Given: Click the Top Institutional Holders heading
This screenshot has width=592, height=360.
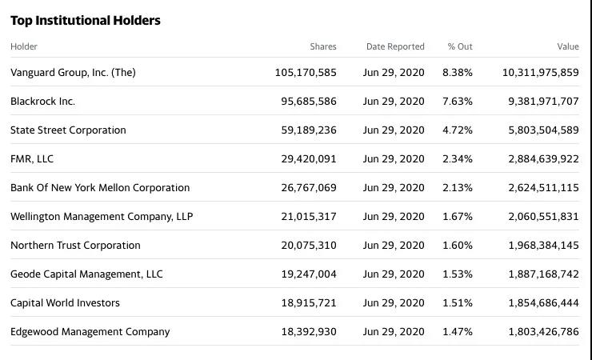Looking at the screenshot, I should [86, 21].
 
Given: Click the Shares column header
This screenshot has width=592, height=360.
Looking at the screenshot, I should [323, 46].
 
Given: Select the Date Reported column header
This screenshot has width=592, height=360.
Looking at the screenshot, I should [395, 46].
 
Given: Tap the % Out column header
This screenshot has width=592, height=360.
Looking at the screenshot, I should [460, 46].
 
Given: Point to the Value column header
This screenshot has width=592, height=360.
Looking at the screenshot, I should [568, 46].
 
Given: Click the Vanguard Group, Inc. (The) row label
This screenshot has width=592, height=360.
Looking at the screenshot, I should [73, 72].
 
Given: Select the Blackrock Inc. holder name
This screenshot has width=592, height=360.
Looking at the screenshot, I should [42, 102].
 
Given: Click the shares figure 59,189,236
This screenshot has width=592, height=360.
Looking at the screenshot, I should [309, 130].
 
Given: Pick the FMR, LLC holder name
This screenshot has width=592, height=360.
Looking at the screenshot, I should [32, 159].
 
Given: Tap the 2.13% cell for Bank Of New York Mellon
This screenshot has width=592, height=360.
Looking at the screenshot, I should [458, 188].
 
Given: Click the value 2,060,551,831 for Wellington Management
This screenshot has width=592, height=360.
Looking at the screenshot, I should [543, 217].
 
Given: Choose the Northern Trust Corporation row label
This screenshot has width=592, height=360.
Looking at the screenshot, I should [75, 246].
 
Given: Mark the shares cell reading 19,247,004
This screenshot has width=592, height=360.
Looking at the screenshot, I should [309, 274].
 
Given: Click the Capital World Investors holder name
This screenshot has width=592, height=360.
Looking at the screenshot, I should [65, 303].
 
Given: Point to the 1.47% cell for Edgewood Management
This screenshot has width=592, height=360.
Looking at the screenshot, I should [458, 332].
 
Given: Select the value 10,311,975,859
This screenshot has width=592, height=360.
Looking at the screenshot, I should [540, 72].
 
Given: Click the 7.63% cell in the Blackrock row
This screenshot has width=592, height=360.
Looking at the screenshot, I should [458, 102].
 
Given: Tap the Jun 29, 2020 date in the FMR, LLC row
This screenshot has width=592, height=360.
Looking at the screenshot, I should [394, 159].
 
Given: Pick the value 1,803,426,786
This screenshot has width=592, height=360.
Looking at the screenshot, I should [543, 332].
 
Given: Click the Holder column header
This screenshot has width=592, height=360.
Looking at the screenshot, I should [24, 46].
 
